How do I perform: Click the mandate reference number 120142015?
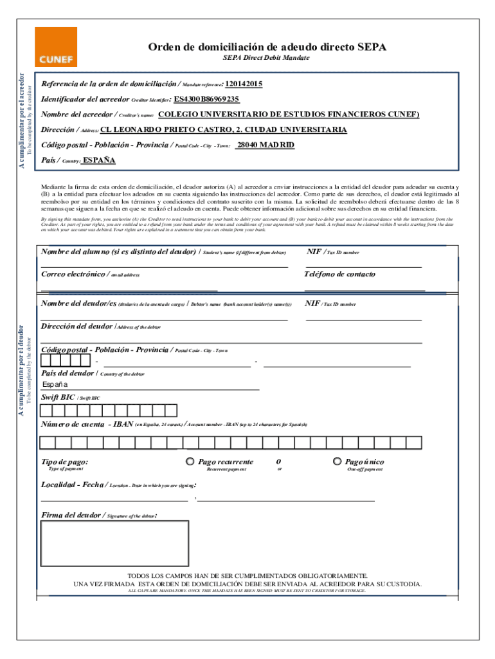[x=244, y=84]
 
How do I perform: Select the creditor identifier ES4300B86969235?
[x=206, y=99]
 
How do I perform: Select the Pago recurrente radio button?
[x=190, y=461]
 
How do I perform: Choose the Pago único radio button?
[x=337, y=461]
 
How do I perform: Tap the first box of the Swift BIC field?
[x=47, y=411]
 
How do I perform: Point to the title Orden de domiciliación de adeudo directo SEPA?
[x=267, y=47]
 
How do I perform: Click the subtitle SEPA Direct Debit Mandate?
[x=266, y=58]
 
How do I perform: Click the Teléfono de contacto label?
[x=340, y=274]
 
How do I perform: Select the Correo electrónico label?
[x=74, y=274]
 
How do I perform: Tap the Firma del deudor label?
[x=71, y=515]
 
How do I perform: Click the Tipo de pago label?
[x=65, y=462]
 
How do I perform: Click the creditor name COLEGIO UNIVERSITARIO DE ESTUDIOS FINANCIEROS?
[x=288, y=115]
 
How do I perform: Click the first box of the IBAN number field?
[x=47, y=443]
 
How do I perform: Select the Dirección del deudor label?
[x=77, y=326]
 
